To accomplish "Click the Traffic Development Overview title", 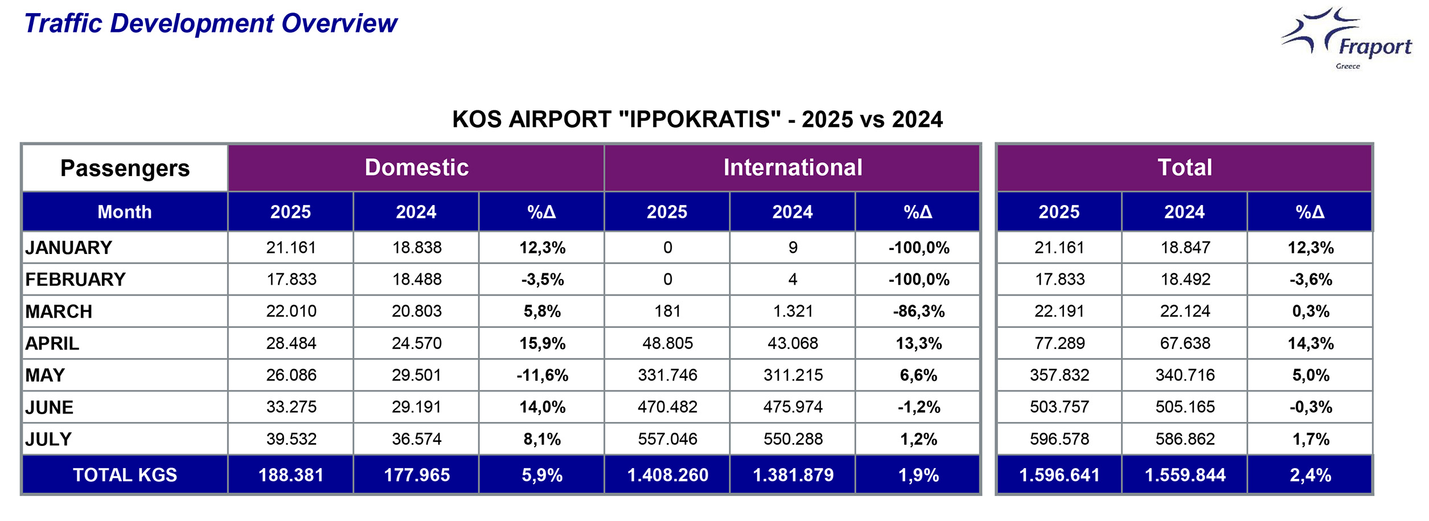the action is pos(211,23).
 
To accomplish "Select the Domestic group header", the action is pos(416,167).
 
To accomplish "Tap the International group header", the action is pos(792,167).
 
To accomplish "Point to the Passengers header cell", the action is pos(125,168).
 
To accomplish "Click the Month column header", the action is pos(125,212).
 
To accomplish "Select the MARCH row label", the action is pos(59,311).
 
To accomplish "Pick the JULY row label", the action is pos(48,439).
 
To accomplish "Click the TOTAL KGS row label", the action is pos(125,475).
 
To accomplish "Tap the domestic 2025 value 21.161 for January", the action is pos(291,248).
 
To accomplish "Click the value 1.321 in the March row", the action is pos(792,311).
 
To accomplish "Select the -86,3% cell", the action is pos(918,311).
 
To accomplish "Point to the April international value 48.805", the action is pos(667,343).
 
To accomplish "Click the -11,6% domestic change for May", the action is pos(542,375).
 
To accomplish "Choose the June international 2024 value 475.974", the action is pos(792,407).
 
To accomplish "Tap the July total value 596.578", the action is pos(1059,439).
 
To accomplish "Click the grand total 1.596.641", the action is pos(1059,475).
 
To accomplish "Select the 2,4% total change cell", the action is pos(1310,475).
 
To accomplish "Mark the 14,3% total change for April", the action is pos(1310,343).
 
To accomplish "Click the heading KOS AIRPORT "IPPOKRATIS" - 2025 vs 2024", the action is pos(697,120).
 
